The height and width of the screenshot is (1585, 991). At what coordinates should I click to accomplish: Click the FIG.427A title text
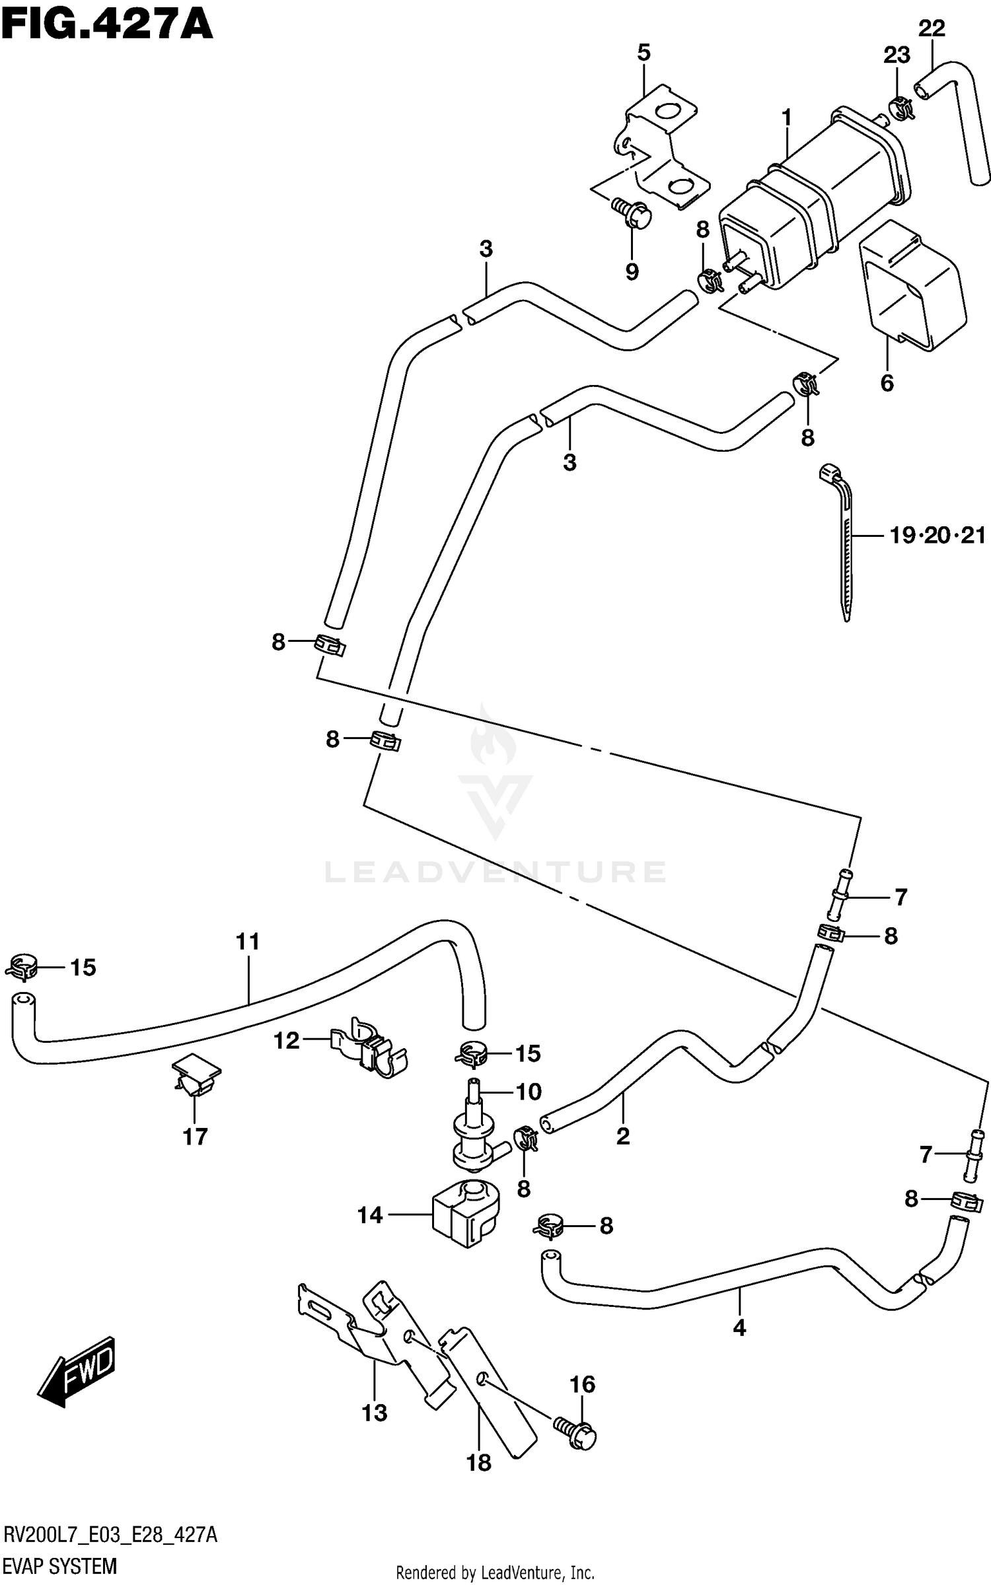[x=106, y=26]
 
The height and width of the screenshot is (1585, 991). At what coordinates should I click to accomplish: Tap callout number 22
[x=932, y=29]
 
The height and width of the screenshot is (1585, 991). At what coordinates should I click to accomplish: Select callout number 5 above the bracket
[x=643, y=53]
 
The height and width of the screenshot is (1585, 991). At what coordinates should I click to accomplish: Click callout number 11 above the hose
[x=248, y=941]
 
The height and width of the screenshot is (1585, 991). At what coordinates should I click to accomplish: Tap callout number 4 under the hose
[x=739, y=1327]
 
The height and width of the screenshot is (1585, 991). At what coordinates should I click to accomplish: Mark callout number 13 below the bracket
[x=374, y=1413]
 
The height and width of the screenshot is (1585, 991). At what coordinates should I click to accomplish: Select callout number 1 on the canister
[x=786, y=118]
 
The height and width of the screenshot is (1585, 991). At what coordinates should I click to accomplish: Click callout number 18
[x=479, y=1463]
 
